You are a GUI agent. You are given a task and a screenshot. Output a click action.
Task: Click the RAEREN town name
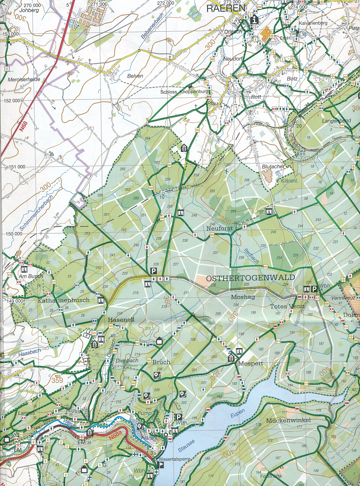pyautogui.click(x=226, y=8)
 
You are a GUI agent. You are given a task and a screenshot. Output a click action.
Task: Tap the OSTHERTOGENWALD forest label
pyautogui.click(x=251, y=278)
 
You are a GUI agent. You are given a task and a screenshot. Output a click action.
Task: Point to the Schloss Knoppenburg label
pyautogui.click(x=184, y=92)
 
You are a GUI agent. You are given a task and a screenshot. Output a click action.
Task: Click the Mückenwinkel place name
pyautogui.click(x=288, y=420)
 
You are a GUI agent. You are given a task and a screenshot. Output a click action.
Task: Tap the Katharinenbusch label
pyautogui.click(x=64, y=300)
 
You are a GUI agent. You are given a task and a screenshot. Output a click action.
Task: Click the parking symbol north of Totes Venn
pyautogui.click(x=314, y=289)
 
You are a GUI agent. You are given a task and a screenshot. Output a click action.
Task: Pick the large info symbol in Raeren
pyautogui.click(x=254, y=20)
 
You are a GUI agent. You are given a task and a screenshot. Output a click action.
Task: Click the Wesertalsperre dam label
pyautogui.click(x=175, y=459)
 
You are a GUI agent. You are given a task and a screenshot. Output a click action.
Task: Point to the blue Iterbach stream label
pyautogui.click(x=251, y=256)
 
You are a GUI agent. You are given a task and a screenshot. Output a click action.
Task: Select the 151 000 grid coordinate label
pyautogui.click(x=17, y=167)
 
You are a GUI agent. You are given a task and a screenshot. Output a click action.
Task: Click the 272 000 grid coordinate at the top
pyautogui.click(x=166, y=3)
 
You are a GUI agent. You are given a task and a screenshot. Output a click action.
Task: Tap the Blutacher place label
pyautogui.click(x=273, y=167)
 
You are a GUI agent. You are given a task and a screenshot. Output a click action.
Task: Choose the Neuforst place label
pyautogui.click(x=219, y=228)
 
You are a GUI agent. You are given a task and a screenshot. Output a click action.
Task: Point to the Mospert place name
pyautogui.click(x=251, y=363)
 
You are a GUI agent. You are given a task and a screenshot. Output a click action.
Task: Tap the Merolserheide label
pyautogui.click(x=24, y=80)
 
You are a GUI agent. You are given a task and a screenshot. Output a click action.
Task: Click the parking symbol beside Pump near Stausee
pyautogui.click(x=178, y=417)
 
